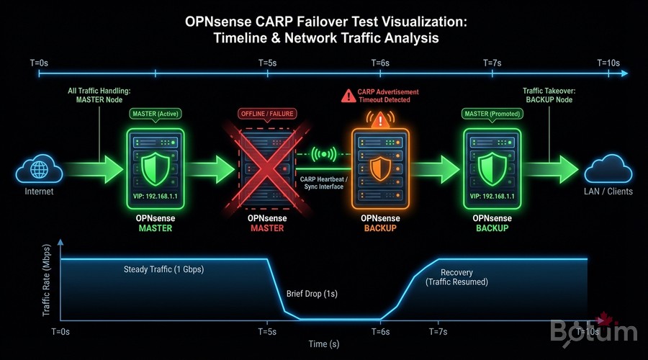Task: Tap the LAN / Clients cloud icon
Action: click(608, 171)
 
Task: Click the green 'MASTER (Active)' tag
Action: click(155, 114)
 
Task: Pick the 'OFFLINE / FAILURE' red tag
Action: click(268, 114)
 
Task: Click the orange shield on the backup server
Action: click(380, 168)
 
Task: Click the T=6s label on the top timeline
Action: click(380, 63)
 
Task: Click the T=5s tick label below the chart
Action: click(268, 332)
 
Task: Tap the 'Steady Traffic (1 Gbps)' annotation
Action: click(163, 270)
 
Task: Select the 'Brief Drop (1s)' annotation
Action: click(312, 294)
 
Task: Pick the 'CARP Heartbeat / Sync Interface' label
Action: click(323, 181)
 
